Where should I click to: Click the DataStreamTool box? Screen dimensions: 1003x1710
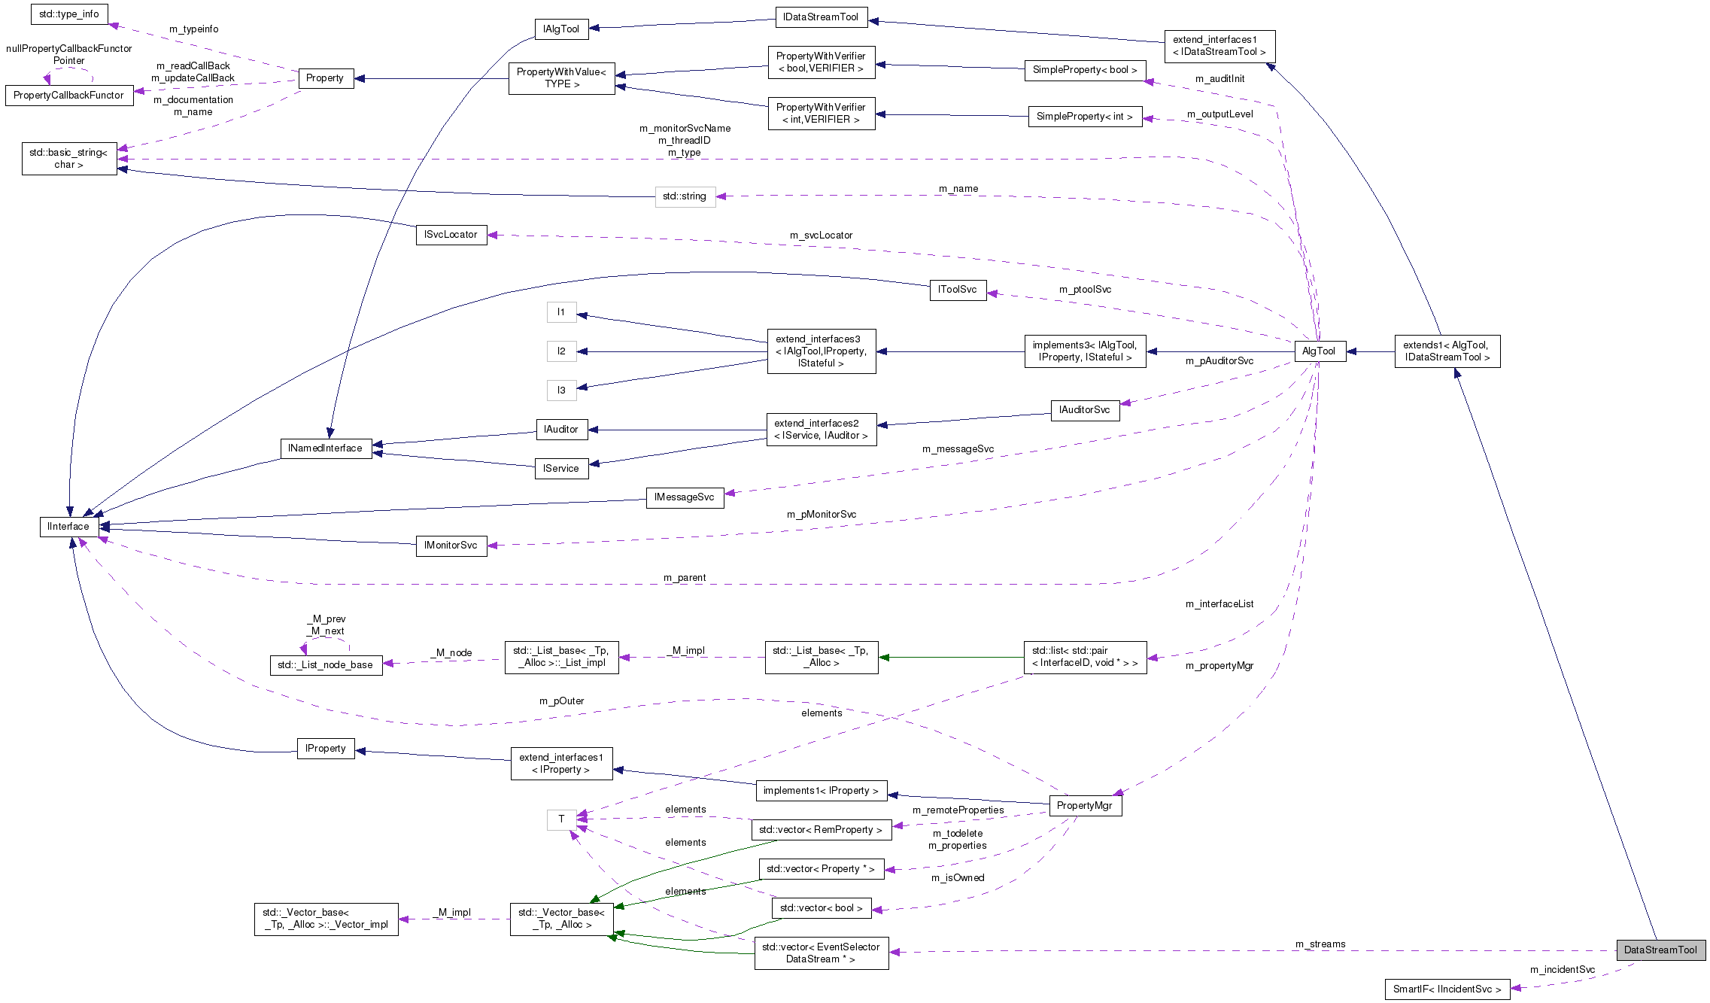[1660, 950]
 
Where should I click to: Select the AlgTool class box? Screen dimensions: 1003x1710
[1318, 351]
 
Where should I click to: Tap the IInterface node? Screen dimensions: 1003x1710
[68, 526]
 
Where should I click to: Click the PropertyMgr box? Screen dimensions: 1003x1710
[1084, 805]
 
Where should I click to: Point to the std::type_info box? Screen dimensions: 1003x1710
[69, 14]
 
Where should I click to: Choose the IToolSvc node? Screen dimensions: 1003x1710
[957, 290]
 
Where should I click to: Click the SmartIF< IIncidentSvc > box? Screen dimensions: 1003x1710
[1446, 989]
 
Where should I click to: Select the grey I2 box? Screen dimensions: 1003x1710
[561, 351]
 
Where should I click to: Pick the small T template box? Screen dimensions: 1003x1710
[561, 819]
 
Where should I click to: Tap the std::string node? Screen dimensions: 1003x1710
[685, 196]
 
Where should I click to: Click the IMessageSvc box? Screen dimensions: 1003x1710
[685, 497]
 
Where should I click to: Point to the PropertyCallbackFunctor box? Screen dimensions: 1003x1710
[68, 96]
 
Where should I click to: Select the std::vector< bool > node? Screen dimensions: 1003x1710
[821, 908]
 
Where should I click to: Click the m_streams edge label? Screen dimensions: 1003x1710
[1320, 944]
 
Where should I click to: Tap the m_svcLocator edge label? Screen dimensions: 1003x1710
[821, 236]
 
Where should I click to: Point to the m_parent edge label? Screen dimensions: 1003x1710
[685, 578]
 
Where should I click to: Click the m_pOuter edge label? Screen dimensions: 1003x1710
[561, 701]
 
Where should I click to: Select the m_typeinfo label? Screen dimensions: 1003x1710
[193, 29]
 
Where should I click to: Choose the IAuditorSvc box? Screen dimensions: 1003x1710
[1084, 410]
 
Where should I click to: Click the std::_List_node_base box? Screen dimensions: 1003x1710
[325, 665]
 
